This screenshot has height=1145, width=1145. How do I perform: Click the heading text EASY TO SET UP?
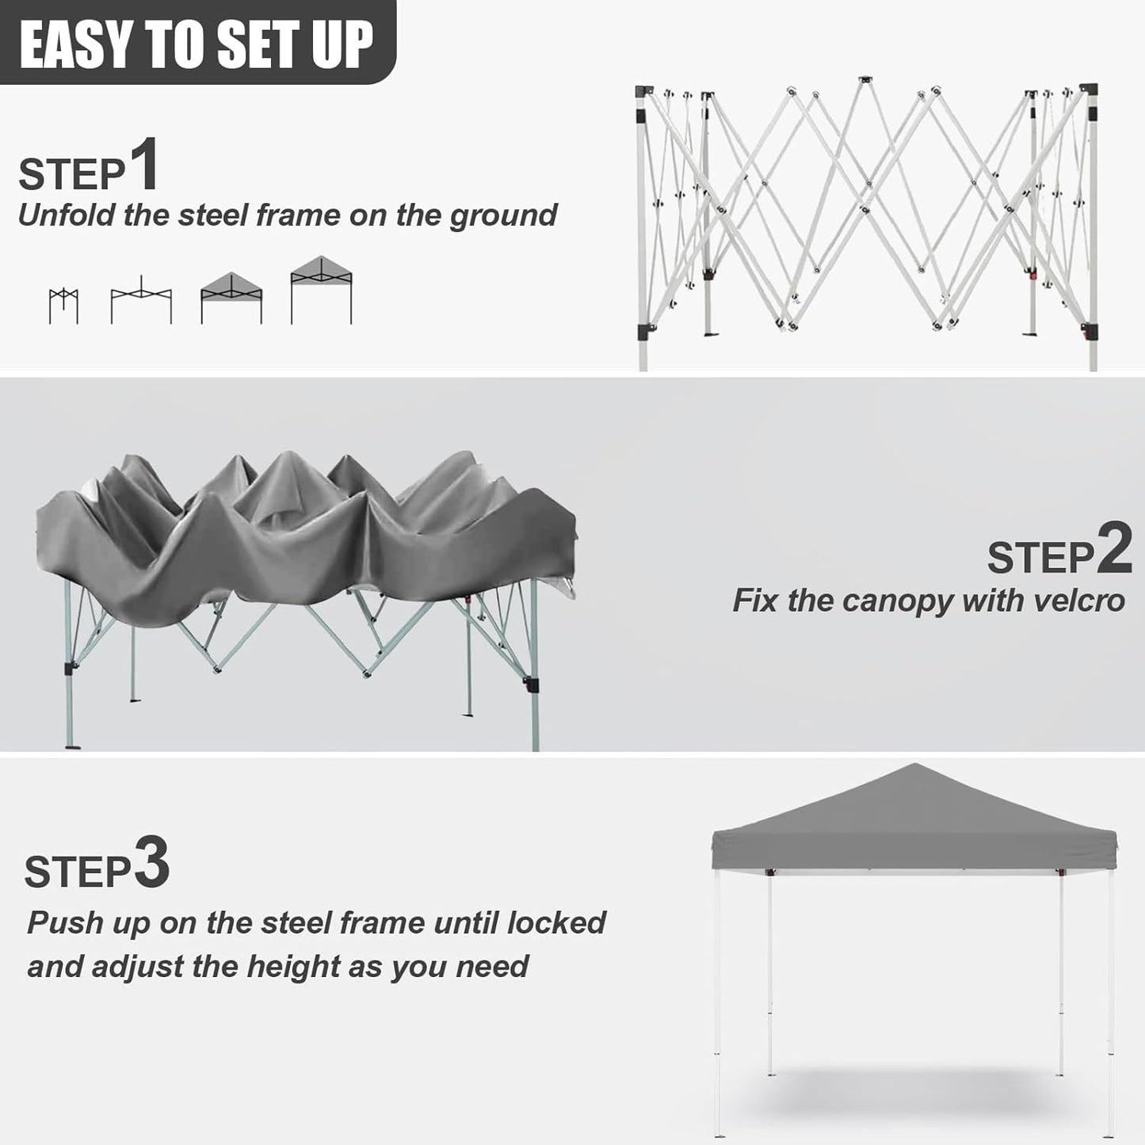click(196, 44)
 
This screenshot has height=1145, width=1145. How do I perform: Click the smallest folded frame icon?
click(63, 306)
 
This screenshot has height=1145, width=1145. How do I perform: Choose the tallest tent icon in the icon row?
click(321, 290)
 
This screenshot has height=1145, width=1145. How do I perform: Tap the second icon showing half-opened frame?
click(141, 300)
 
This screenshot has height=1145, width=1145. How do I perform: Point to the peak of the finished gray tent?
click(915, 766)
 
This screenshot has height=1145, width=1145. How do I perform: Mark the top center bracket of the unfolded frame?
click(864, 81)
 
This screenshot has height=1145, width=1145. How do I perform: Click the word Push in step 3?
click(65, 923)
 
